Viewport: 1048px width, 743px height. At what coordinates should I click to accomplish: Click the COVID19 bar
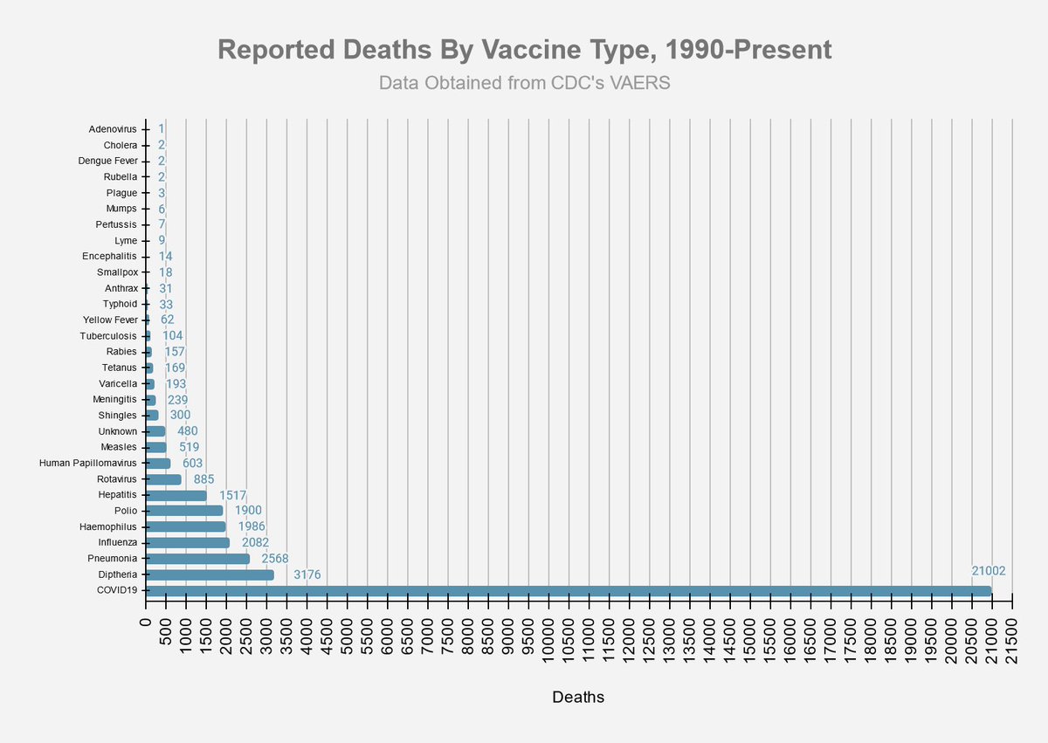point(568,591)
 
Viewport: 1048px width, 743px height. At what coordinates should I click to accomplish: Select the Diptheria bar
point(210,575)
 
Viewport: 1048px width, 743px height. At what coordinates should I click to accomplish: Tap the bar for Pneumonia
point(197,559)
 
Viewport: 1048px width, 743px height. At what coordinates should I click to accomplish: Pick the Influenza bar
point(188,543)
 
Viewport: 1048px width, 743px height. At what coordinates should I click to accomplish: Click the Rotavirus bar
point(163,479)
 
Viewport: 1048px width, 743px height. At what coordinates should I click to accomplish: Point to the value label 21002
point(989,571)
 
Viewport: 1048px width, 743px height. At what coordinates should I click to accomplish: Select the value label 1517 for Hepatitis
point(233,495)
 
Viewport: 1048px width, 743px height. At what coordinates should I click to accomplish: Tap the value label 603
point(193,464)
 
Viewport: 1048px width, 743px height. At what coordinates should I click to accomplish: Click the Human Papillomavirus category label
point(88,464)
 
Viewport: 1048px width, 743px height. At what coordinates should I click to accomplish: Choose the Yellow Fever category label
point(110,320)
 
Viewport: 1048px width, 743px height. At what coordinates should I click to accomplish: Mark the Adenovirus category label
point(113,129)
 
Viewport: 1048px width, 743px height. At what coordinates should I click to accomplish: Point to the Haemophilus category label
point(109,526)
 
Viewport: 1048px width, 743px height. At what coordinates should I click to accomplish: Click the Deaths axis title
point(578,698)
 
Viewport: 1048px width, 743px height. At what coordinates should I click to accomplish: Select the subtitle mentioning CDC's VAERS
point(524,83)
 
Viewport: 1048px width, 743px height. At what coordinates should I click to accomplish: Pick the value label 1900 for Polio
point(248,511)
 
